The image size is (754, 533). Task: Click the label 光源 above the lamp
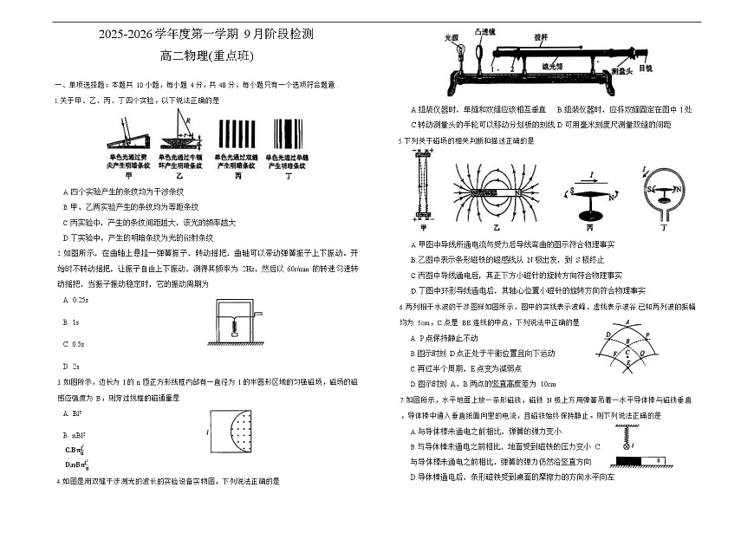[451, 38]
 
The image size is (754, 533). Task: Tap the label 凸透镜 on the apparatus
[483, 31]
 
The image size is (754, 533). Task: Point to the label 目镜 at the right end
[645, 68]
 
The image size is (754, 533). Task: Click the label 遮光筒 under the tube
[553, 66]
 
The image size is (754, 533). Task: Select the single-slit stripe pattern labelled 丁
[289, 135]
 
